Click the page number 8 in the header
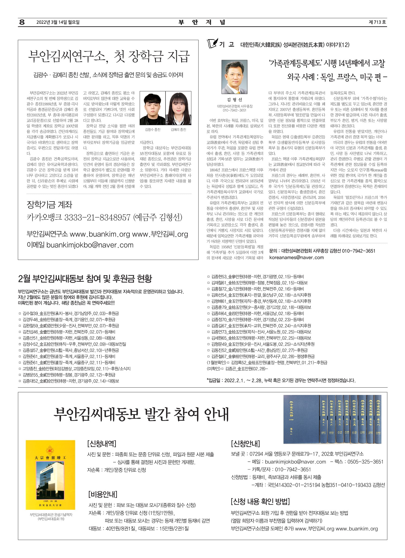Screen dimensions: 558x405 pos(22,22)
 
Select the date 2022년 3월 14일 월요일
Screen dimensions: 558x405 pos(58,22)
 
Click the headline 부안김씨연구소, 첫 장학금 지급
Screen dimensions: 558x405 pos(109,56)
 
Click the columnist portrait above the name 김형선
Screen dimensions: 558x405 pos(234,77)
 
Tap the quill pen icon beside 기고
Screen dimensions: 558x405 pos(212,43)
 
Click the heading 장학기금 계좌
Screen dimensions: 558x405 pos(50,205)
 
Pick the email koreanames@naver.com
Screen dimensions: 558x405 pos(296,257)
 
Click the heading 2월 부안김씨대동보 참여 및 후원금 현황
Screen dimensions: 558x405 pos(85,278)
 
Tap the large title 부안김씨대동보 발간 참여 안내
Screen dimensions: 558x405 pos(141,414)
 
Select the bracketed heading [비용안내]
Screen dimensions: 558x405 pos(103,494)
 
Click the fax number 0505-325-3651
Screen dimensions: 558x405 pos(365,462)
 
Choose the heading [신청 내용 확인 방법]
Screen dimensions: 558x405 pos(260,501)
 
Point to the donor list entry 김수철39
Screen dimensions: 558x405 pos(30,313)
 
